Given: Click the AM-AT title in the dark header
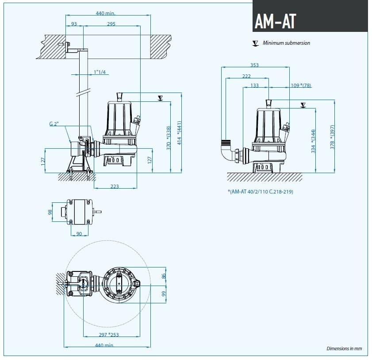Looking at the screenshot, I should pyautogui.click(x=275, y=20).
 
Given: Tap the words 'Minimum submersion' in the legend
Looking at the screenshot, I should pyautogui.click(x=286, y=43).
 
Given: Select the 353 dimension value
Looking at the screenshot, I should pyautogui.click(x=254, y=65).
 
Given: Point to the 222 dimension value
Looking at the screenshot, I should pyautogui.click(x=246, y=76).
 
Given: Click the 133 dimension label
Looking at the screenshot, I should pyautogui.click(x=254, y=85).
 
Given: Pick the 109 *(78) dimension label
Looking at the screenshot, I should pyautogui.click(x=301, y=85).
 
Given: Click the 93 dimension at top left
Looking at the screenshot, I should pyautogui.click(x=74, y=24).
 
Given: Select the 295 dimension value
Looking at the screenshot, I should pyautogui.click(x=111, y=24).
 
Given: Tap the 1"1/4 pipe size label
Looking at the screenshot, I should pyautogui.click(x=100, y=72).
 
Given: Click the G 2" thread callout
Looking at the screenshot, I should pyautogui.click(x=54, y=124).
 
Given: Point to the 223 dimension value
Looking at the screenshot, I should pyautogui.click(x=115, y=186).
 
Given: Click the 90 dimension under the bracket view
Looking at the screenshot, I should pyautogui.click(x=79, y=233).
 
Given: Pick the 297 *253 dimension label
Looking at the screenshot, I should pyautogui.click(x=109, y=335).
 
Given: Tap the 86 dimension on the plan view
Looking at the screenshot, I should pyautogui.click(x=163, y=276).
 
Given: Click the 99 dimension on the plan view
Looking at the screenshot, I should pyautogui.click(x=163, y=294).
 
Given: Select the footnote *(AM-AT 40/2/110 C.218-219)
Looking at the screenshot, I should pyautogui.click(x=260, y=192).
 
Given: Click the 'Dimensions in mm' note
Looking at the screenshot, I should pyautogui.click(x=344, y=348).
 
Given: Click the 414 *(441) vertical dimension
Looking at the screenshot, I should pyautogui.click(x=179, y=134).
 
